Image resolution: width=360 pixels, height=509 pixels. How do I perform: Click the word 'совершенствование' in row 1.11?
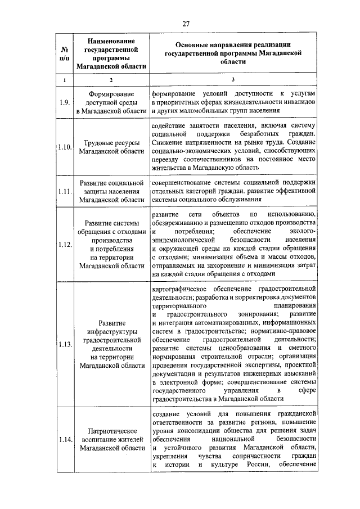click(x=184, y=183)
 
